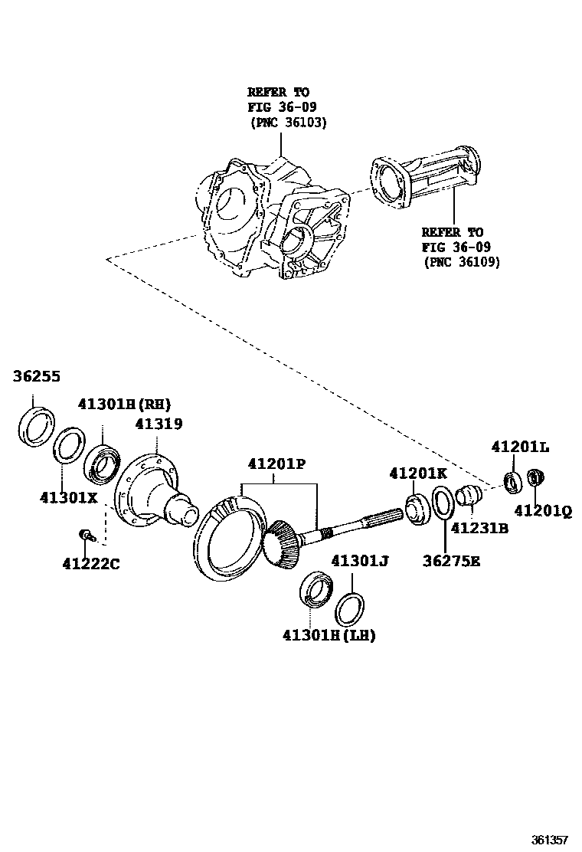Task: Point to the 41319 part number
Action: [159, 423]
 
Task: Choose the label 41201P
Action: [276, 464]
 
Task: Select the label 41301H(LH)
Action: [329, 635]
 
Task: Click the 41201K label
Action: [418, 473]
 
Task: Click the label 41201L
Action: [520, 447]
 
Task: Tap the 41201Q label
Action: [542, 510]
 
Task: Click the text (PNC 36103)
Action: [288, 122]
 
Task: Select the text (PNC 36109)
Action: [462, 261]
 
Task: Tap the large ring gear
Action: [222, 536]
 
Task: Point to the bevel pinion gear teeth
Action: [281, 544]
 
